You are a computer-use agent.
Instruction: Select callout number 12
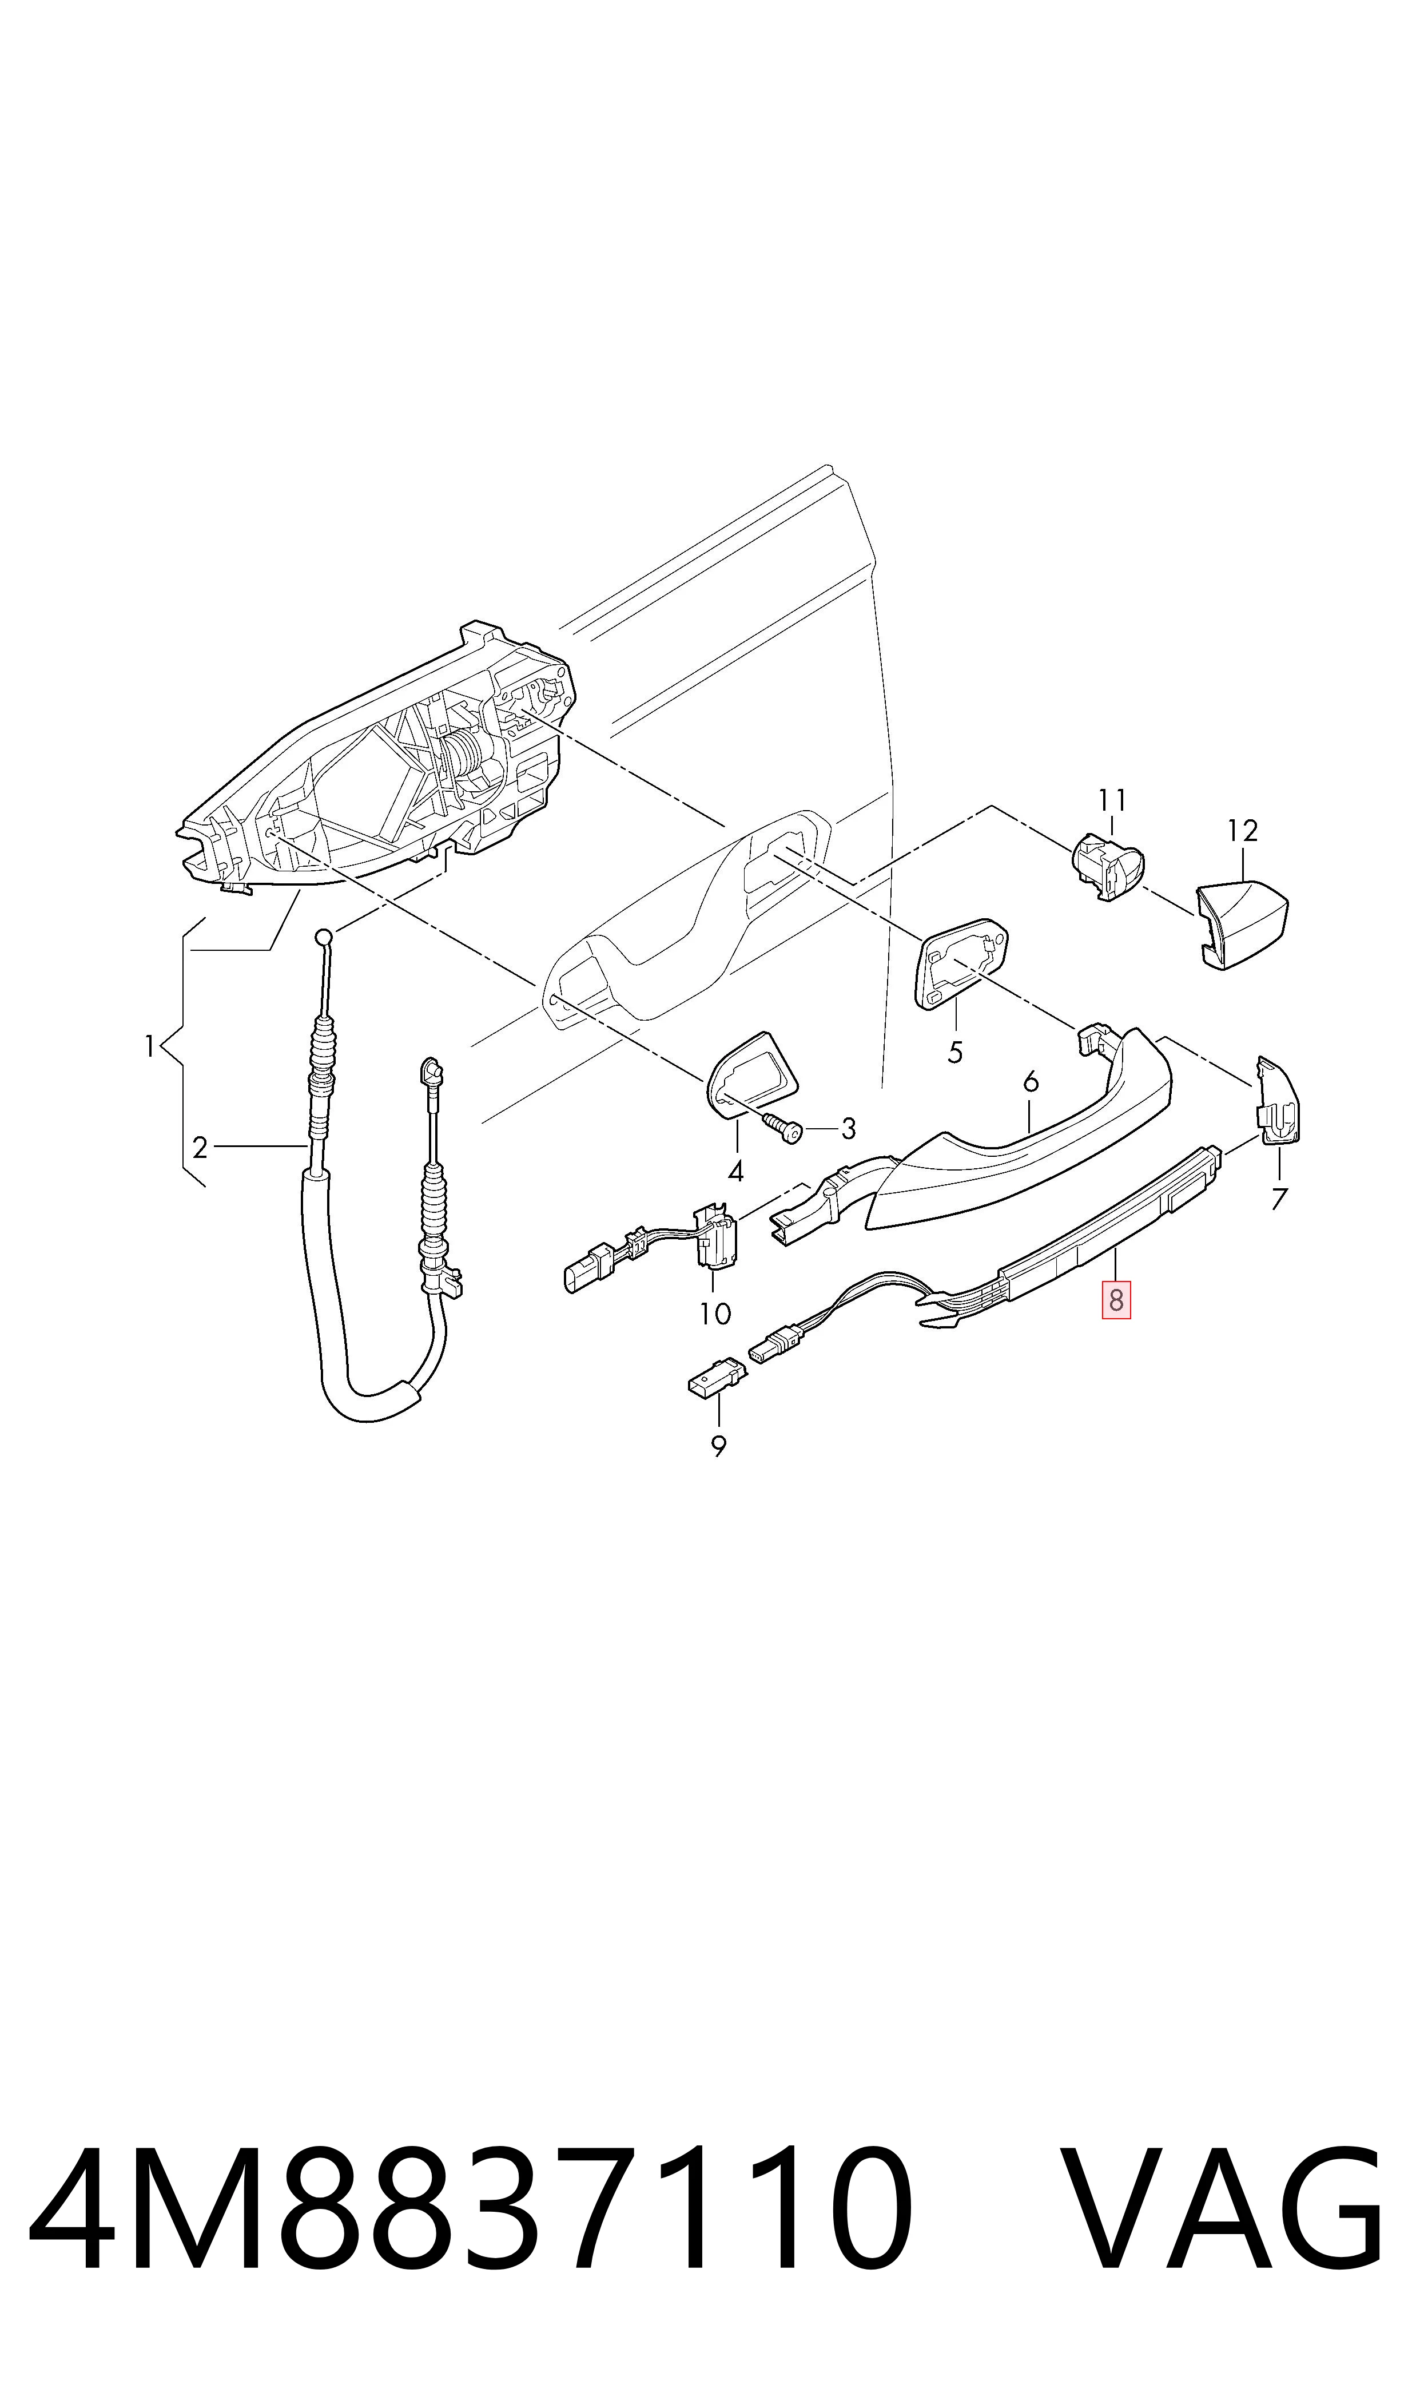pos(1242,831)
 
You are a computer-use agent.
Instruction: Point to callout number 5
pos(955,1053)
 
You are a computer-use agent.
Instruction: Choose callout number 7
pos(1279,1198)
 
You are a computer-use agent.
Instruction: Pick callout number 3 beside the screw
pos(848,1129)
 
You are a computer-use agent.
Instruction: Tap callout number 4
pos(736,1171)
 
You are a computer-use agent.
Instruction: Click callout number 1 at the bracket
pos(149,1046)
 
